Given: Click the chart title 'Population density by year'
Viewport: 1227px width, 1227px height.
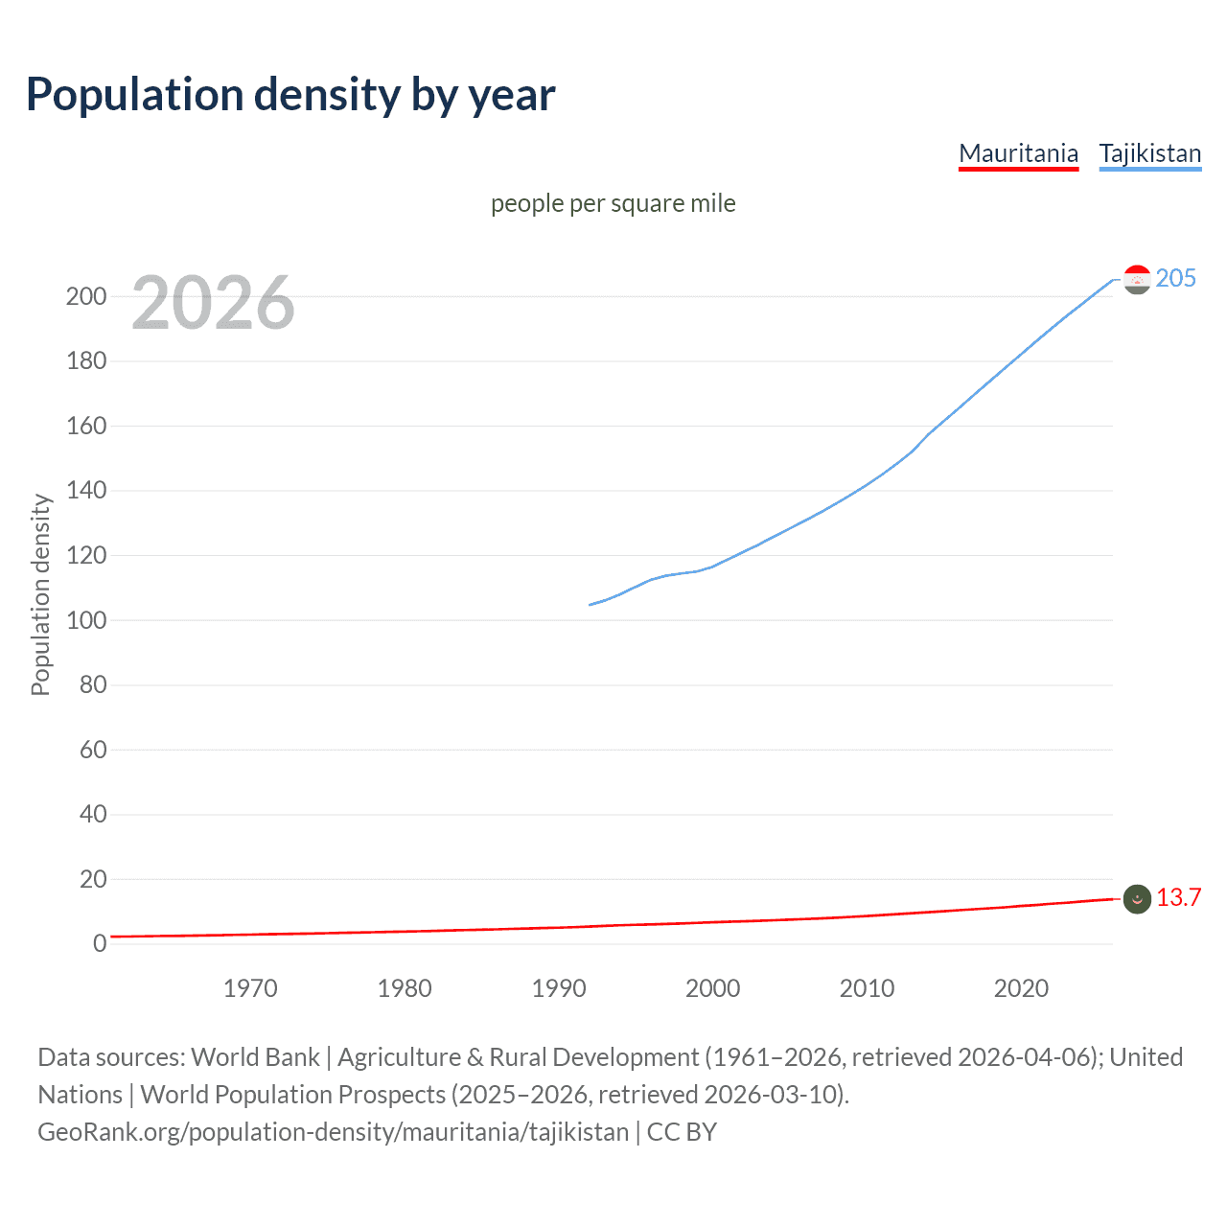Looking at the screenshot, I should [x=290, y=95].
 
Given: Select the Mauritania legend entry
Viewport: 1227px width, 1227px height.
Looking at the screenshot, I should [x=1018, y=153].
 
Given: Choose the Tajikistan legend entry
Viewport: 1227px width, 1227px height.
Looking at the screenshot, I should [x=1149, y=153].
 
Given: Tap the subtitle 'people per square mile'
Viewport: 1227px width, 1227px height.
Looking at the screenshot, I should [x=613, y=203].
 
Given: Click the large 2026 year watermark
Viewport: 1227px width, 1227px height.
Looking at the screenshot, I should [x=213, y=303].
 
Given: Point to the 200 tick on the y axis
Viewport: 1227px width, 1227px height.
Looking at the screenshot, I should [x=86, y=296].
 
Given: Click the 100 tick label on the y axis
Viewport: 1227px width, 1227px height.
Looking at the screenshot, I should [x=86, y=620].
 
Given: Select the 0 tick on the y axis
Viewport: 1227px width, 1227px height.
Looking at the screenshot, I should [x=99, y=943].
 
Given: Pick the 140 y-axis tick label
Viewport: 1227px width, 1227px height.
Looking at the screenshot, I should [x=86, y=491].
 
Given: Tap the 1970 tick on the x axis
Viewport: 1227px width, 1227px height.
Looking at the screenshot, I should [x=250, y=988].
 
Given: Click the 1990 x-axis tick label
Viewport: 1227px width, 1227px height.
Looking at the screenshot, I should [x=559, y=988].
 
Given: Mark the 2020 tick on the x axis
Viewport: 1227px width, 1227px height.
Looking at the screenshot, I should [x=1021, y=988].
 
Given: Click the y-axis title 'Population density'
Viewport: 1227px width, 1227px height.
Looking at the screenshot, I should [x=40, y=594].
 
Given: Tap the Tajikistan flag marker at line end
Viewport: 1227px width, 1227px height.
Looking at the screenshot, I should [x=1137, y=279].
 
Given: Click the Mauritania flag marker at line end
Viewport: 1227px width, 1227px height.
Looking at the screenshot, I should [x=1137, y=898].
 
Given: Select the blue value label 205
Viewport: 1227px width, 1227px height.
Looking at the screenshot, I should [x=1175, y=278].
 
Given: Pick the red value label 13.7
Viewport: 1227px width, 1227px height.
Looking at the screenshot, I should [x=1178, y=897].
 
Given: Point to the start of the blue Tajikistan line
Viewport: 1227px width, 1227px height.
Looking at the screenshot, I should [x=590, y=604].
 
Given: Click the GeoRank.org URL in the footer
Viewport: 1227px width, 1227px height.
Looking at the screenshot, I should [x=333, y=1132].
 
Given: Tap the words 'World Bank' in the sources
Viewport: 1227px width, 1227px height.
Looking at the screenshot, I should [x=255, y=1057].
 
